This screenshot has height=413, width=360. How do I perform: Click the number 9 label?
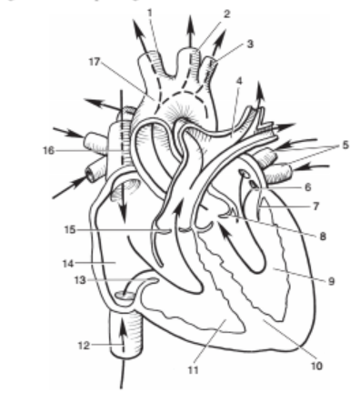(331, 281)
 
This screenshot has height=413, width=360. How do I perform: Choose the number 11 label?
(191, 370)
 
